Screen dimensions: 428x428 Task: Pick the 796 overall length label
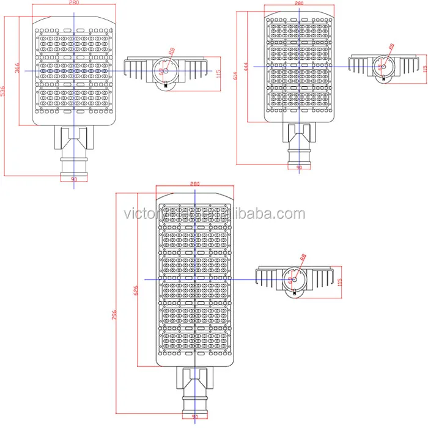[115, 314]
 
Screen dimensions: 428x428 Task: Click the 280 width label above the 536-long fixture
[73, 3]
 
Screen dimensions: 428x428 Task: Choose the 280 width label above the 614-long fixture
[300, 3]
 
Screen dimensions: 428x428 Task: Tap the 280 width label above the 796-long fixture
[195, 183]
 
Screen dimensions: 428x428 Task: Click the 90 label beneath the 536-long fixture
[74, 179]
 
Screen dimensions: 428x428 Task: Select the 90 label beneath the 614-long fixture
[299, 167]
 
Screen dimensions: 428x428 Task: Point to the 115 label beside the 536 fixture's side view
[218, 72]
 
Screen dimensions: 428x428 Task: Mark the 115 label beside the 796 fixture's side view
[340, 282]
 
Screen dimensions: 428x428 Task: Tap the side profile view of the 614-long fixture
[383, 66]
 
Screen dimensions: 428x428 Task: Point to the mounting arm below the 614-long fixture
[299, 141]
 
